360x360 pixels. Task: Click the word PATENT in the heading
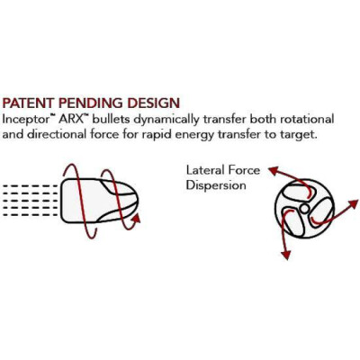(29, 103)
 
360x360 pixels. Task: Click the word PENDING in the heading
(91, 103)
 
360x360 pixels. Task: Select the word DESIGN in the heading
(154, 103)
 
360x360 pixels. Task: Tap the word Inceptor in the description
(26, 120)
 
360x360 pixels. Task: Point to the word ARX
(71, 119)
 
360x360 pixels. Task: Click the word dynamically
(166, 120)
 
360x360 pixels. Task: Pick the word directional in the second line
(58, 134)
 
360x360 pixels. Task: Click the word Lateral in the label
(205, 170)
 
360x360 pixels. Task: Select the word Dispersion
(216, 184)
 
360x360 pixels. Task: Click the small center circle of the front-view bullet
(304, 209)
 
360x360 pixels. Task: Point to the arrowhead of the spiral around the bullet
(137, 218)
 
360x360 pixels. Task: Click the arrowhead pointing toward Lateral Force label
(274, 170)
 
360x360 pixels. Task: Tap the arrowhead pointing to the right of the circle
(353, 203)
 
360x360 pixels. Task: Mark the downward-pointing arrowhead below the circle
(286, 255)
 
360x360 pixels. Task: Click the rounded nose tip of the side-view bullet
(138, 201)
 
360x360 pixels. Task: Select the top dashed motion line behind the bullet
(30, 186)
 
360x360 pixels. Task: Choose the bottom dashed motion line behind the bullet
(30, 215)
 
